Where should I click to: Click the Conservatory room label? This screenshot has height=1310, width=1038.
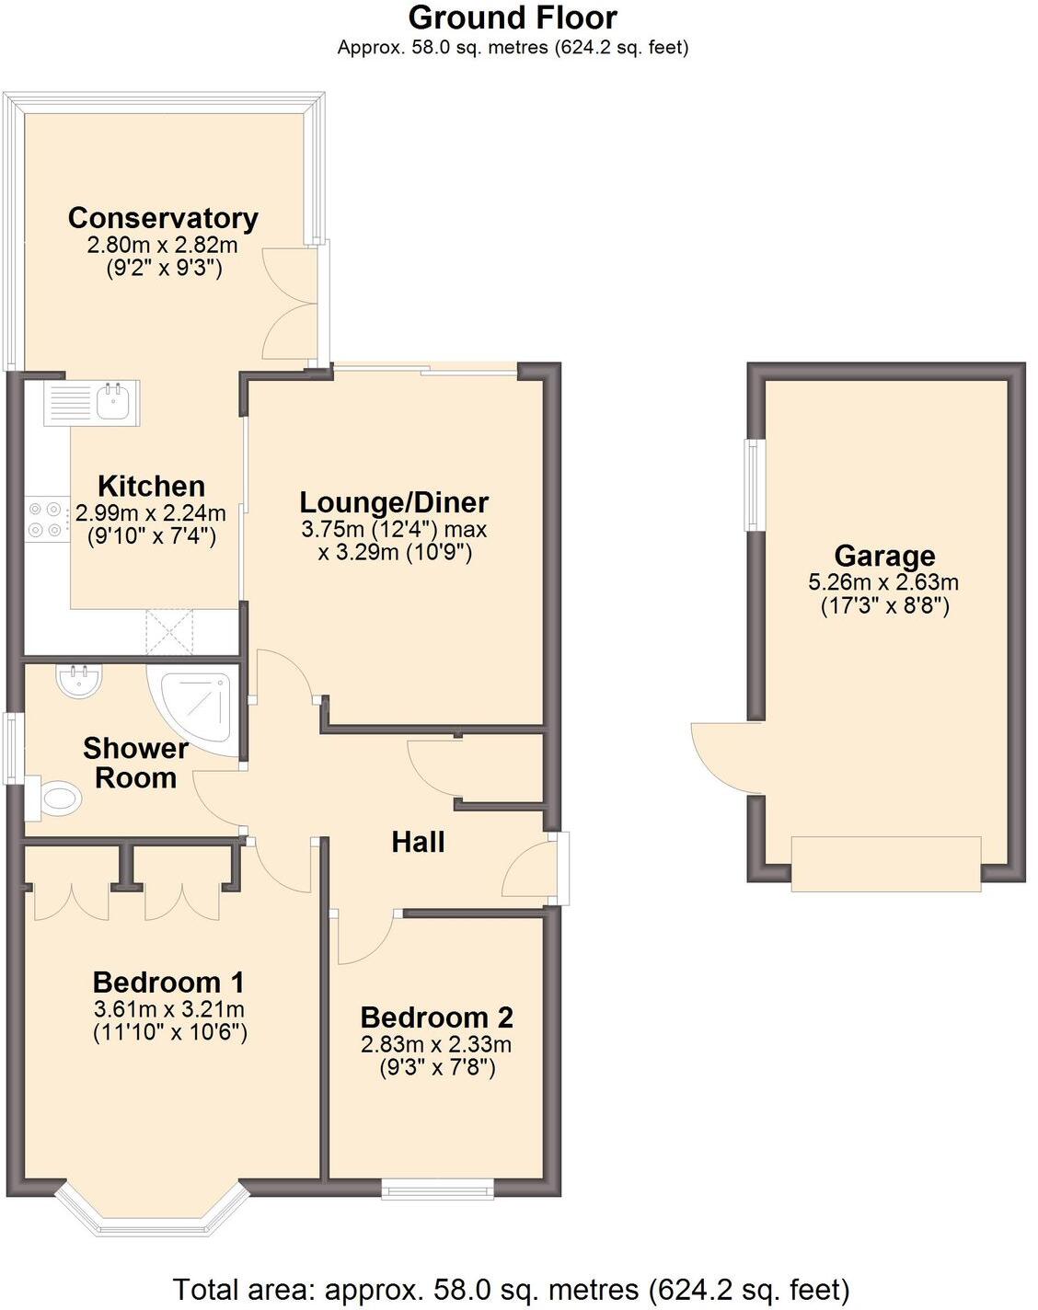coord(163,218)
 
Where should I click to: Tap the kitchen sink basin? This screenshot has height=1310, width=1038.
coord(114,402)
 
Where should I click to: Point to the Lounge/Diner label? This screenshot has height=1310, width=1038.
coord(394,502)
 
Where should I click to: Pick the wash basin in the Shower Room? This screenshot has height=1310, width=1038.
coord(80,681)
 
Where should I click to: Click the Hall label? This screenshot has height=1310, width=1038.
coord(418,842)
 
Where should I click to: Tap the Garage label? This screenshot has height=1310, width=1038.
coord(884,556)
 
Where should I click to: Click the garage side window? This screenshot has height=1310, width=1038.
coord(754,485)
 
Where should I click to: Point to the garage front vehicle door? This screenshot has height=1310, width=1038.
coord(885,863)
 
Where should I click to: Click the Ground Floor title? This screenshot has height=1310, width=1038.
coord(513,17)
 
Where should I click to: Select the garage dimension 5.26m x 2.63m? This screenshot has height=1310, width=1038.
coord(883,582)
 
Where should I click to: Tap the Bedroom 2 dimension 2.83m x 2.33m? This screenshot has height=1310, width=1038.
coord(436,1044)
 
